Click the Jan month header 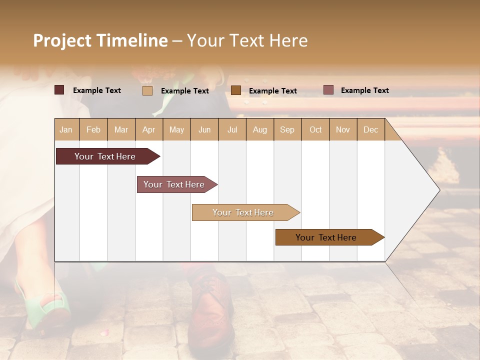[x=66, y=130]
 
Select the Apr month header [x=148, y=130]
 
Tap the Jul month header [x=232, y=130]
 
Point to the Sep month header [x=287, y=130]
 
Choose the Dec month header [x=370, y=130]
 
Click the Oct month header [x=315, y=130]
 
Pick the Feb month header [x=93, y=130]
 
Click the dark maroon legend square [x=59, y=90]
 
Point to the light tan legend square [x=147, y=90]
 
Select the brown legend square [x=236, y=90]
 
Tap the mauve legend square [x=328, y=90]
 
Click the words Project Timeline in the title [x=100, y=40]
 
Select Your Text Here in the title [x=247, y=40]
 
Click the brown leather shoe [x=210, y=310]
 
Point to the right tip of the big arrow [x=438, y=190]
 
